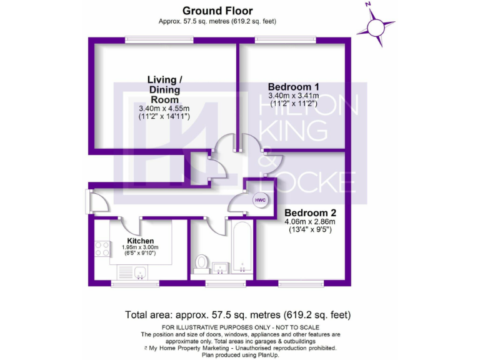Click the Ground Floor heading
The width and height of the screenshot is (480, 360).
pos(217,10)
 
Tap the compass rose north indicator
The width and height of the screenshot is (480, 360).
pos(376,27)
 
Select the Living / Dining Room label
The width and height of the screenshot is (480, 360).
pos(164,89)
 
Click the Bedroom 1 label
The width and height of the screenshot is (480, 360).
pos(294,86)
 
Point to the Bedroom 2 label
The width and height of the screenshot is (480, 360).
pos(310,213)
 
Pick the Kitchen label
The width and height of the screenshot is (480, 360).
pos(140,241)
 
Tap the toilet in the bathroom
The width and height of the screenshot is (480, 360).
pos(202,262)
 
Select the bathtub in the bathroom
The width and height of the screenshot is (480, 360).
pos(241,249)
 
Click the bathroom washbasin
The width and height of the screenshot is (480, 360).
pos(220,269)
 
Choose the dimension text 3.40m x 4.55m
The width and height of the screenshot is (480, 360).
pos(164,108)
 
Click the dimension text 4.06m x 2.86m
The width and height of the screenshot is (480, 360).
pos(310,221)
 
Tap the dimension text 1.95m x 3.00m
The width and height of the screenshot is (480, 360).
pos(140,247)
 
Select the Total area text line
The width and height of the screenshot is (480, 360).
pos(238,314)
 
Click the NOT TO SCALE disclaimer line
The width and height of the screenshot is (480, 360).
pos(240,327)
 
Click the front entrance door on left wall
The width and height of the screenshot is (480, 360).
pos(89,201)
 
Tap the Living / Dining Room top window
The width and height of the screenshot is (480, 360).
pos(150,40)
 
